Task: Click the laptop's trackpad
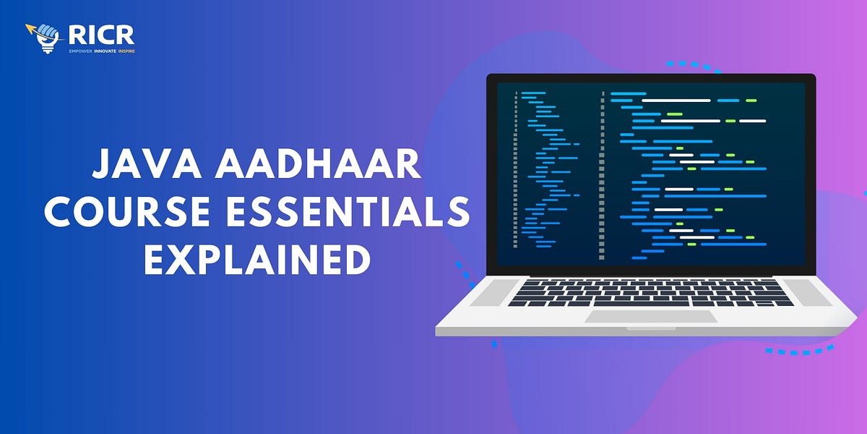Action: click(x=650, y=316)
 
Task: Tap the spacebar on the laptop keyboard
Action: click(x=650, y=302)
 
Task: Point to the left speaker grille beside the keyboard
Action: click(x=492, y=293)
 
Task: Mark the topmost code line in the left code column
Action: click(x=533, y=93)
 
